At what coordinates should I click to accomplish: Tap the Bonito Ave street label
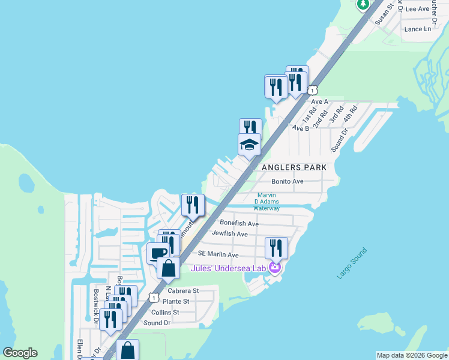coord(288,181)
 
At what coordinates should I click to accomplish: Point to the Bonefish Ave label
coord(239,223)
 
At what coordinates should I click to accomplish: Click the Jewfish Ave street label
coord(229,233)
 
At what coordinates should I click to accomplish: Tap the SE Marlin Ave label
coord(218,255)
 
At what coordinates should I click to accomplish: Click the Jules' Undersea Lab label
coord(228,268)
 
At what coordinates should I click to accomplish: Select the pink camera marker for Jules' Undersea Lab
coord(275,268)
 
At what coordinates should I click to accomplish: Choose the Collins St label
coord(165,312)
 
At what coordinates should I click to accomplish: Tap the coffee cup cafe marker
coord(158,253)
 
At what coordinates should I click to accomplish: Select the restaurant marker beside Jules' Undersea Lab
coord(276,247)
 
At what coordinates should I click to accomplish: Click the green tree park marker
coord(363,4)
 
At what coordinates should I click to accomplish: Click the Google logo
coord(20,353)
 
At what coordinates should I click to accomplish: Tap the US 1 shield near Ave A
coord(313,90)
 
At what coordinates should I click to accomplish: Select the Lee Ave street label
coord(418,9)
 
